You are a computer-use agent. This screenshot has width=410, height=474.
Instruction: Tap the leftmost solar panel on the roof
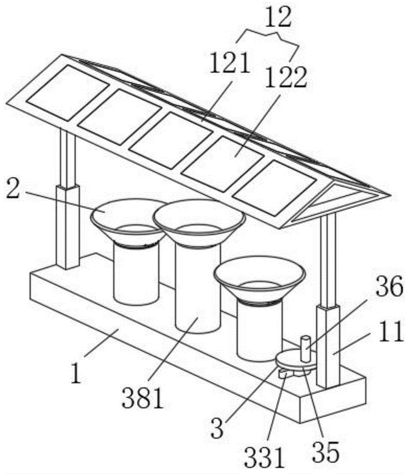pos(67,92)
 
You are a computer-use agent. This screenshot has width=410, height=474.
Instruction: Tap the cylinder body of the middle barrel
pos(197,289)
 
